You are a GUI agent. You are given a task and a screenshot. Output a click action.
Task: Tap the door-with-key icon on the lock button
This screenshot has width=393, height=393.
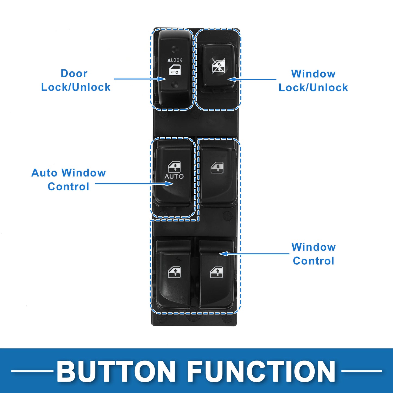click(175, 70)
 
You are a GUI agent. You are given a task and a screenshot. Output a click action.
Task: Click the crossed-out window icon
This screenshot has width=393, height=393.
click(218, 66)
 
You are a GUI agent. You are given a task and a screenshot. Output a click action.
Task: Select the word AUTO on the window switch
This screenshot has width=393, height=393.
click(174, 177)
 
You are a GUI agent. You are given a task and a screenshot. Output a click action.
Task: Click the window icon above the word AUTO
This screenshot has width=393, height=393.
click(174, 167)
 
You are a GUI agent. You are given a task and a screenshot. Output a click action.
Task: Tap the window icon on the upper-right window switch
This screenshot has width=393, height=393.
click(217, 168)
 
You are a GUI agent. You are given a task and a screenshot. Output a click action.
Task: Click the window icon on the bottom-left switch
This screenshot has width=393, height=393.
click(174, 273)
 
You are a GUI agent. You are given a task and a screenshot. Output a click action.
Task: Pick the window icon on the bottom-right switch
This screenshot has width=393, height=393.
click(216, 273)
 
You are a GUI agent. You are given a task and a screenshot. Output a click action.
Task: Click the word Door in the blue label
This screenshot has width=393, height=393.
click(74, 73)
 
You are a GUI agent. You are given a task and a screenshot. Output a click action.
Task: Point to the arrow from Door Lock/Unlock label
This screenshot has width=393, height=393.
click(140, 79)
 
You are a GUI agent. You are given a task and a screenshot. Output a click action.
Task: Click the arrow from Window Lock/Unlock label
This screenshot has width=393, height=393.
click(252, 79)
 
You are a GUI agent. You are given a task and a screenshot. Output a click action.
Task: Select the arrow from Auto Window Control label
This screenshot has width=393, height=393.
click(134, 184)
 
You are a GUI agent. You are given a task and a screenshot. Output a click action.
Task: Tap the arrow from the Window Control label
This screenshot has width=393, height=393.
click(254, 254)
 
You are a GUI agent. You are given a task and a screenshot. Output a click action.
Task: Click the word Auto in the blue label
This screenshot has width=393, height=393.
click(44, 173)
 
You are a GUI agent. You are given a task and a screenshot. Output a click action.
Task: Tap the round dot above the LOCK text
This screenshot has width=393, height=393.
click(175, 49)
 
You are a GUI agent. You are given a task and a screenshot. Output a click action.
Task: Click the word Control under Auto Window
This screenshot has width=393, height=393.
click(69, 187)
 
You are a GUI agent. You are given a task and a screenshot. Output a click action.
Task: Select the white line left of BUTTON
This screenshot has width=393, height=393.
click(32, 371)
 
